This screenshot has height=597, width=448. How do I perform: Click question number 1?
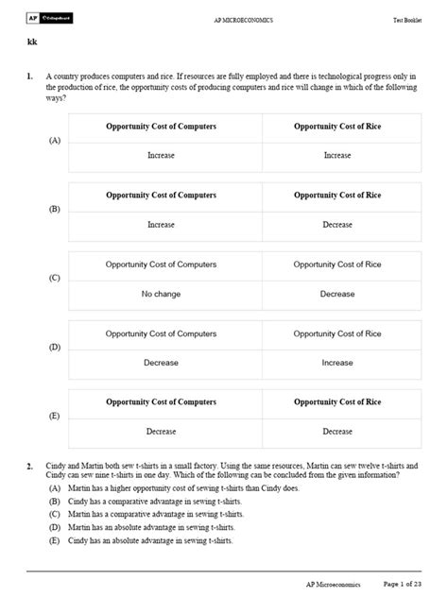pos(30,76)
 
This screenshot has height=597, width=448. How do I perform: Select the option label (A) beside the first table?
pos(53,140)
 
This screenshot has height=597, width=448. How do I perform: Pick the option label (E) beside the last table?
pos(53,416)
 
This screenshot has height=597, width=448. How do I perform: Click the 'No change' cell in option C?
pos(161,294)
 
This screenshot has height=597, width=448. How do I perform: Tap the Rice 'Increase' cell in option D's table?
pos(336,363)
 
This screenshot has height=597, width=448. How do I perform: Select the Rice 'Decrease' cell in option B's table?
pos(336,225)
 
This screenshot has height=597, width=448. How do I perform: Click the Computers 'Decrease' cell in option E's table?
pos(161,432)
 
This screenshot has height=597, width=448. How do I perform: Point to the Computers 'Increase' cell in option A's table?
pos(161,156)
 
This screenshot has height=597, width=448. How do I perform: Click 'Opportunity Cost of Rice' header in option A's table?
pos(336,127)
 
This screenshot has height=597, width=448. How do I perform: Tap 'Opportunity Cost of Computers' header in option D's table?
pos(161,333)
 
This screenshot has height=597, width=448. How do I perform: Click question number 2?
pos(30,467)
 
